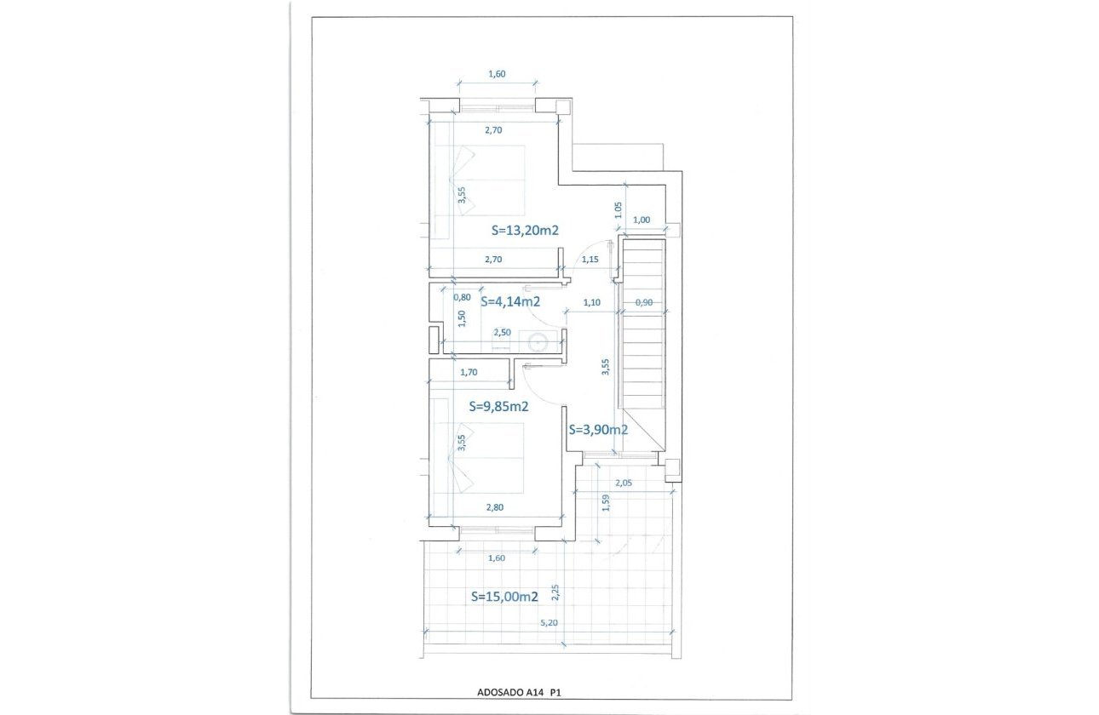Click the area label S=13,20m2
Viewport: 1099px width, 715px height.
tap(525, 230)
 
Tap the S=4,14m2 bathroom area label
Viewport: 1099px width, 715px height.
tap(510, 300)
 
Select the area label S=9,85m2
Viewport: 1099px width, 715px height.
tap(499, 407)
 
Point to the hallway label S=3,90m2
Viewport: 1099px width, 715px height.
tap(598, 430)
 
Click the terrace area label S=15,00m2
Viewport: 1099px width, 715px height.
tap(504, 598)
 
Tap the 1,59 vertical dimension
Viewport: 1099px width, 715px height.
tap(606, 503)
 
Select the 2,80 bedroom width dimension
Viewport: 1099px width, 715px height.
tap(494, 507)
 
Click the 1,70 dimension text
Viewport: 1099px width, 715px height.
tap(469, 372)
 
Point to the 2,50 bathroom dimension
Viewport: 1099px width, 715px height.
tap(503, 333)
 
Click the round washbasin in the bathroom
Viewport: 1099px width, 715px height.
tap(538, 342)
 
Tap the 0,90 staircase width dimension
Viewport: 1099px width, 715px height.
tap(644, 302)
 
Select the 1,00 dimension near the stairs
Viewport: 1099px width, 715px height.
tap(642, 220)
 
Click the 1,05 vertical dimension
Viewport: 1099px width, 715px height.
tap(619, 208)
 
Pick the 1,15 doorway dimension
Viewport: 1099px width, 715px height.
tap(590, 259)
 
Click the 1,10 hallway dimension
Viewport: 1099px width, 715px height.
tap(591, 302)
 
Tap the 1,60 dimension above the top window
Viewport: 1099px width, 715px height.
tap(497, 74)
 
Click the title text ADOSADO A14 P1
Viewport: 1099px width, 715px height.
tap(509, 692)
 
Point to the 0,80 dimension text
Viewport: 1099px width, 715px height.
tap(463, 297)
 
